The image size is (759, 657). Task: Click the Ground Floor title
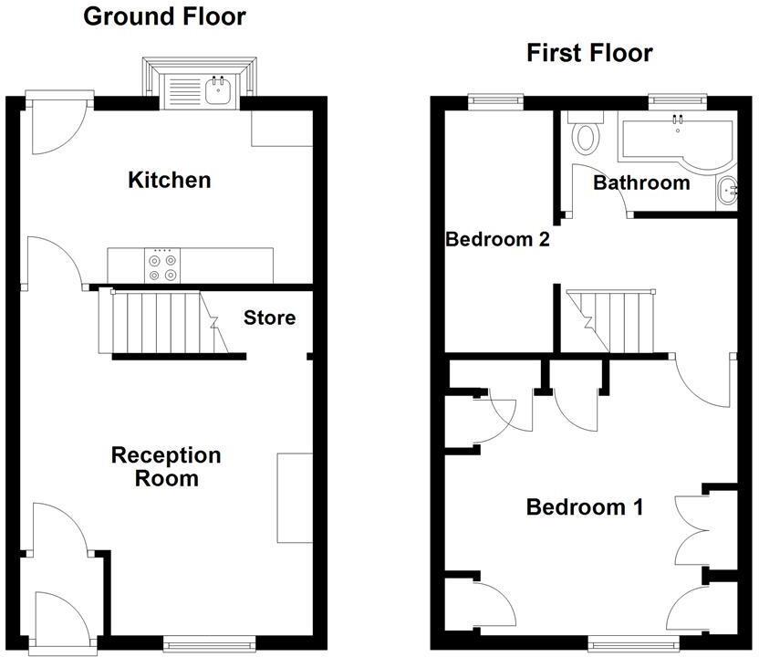pyautogui.click(x=164, y=16)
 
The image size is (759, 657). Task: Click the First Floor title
pyautogui.click(x=589, y=53)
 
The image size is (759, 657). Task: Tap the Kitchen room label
pyautogui.click(x=170, y=180)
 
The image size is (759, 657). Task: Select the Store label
pyautogui.click(x=270, y=318)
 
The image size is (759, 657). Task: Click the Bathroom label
pyautogui.click(x=641, y=182)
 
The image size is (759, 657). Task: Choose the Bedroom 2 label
pyautogui.click(x=497, y=240)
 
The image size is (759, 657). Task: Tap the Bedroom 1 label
pyautogui.click(x=585, y=506)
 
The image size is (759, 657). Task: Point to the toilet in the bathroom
pyautogui.click(x=585, y=137)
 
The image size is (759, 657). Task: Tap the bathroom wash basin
pyautogui.click(x=727, y=190)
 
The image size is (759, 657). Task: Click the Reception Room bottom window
pyautogui.click(x=202, y=645)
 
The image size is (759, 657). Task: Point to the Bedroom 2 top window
pyautogui.click(x=496, y=98)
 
